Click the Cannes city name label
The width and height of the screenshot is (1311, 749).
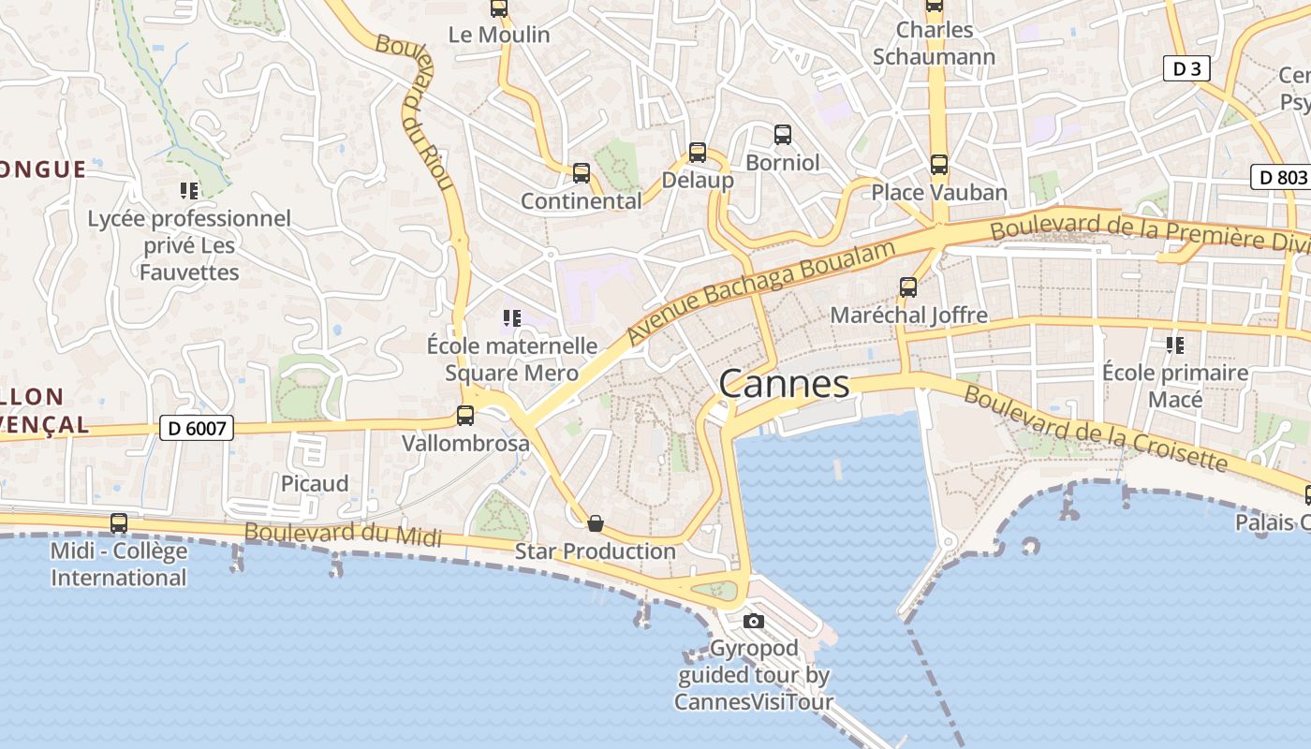coord(785,384)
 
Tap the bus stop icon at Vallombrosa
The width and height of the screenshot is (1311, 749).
coord(465,416)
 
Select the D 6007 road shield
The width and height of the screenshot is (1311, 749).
coord(196,428)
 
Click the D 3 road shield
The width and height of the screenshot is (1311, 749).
coord(1186,68)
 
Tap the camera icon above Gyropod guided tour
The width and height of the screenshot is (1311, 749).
coord(753,621)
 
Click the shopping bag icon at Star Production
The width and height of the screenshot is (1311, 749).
coord(595,523)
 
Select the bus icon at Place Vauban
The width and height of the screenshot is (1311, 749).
coord(939,165)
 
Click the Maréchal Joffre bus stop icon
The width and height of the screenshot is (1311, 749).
coord(907,287)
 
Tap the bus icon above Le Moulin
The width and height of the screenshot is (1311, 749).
coord(499,8)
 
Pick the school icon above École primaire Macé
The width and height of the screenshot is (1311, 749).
coord(1175,345)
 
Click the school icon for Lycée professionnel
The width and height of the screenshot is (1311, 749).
coord(189,191)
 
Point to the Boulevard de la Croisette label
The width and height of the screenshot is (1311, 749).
coord(1095,430)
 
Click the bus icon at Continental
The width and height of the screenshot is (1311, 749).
coord(582,173)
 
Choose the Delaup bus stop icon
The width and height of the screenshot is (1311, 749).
coord(697,153)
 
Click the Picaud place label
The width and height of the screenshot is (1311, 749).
coord(315,483)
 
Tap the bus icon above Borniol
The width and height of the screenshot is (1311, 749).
coord(783,135)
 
